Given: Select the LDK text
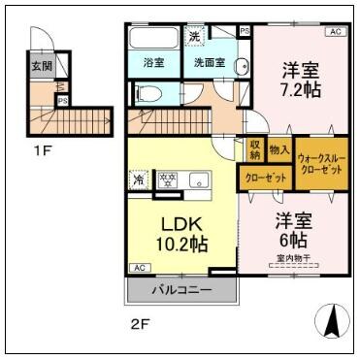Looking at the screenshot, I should pos(180,217).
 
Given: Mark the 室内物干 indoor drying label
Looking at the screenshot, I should pos(293,257).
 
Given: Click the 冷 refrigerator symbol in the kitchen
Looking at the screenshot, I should pos(139,180).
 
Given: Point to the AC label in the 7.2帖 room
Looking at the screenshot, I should pos(336,32).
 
